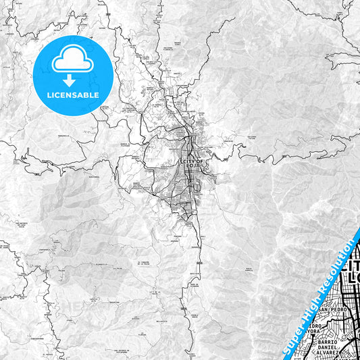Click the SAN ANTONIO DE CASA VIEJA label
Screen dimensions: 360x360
point(127,351)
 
